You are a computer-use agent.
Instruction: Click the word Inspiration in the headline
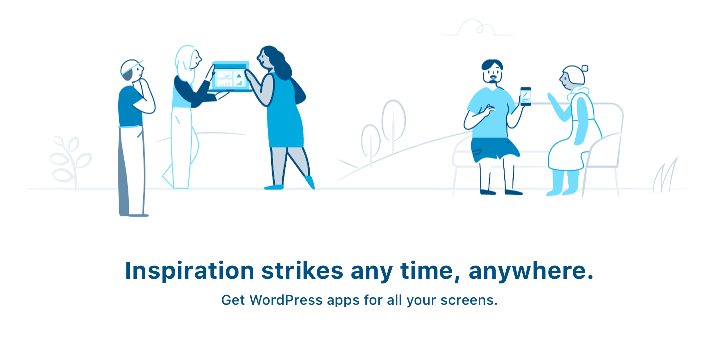189,271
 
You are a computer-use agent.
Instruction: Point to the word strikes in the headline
302,270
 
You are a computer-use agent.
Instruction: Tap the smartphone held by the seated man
525,96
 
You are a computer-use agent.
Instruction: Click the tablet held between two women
230,76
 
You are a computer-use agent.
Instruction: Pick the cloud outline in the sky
476,28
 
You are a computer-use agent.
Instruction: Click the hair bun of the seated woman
585,68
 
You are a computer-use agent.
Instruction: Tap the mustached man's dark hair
492,64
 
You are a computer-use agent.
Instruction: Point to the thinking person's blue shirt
130,106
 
